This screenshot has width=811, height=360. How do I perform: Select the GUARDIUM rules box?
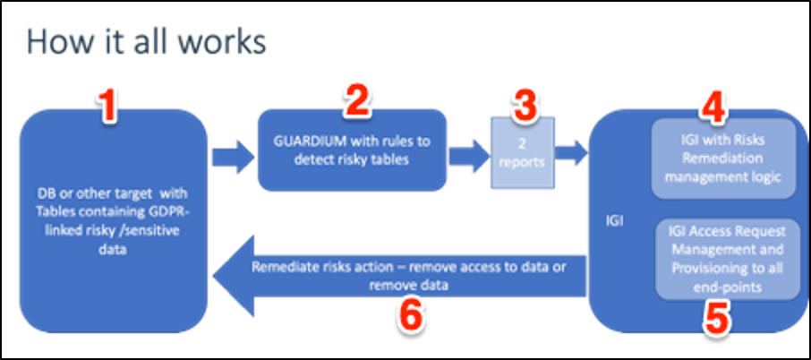coord(353,150)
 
